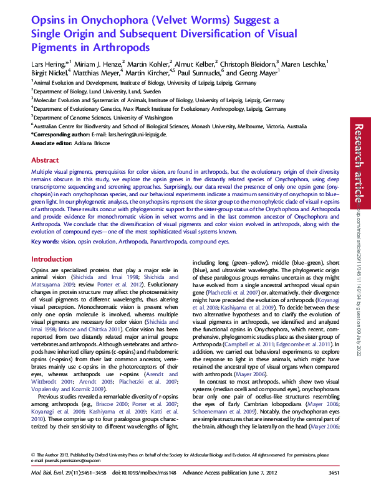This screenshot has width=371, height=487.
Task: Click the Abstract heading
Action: pyautogui.click(x=45, y=160)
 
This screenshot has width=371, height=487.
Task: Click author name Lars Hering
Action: pyautogui.click(x=47, y=63)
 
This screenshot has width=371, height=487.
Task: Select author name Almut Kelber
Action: pyautogui.click(x=194, y=63)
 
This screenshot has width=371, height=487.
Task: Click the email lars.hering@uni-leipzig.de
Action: pyautogui.click(x=138, y=135)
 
